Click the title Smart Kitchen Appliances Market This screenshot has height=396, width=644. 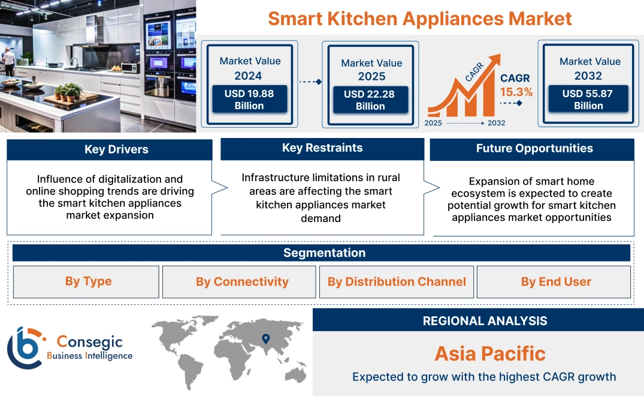coord(419,18)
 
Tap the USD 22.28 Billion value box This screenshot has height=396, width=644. coord(370,100)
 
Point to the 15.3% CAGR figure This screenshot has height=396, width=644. coord(516,92)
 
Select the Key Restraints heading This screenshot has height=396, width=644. coord(322,148)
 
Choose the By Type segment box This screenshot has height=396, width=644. coord(88,281)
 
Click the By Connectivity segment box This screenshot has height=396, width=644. coord(242,281)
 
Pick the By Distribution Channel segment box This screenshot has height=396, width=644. coord(397,281)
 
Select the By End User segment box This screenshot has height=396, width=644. coord(555,281)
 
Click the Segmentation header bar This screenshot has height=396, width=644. coord(324,253)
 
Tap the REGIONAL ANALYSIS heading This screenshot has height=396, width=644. coord(485,321)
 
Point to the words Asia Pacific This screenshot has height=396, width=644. coord(490,353)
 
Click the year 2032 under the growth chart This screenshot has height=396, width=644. coord(496,123)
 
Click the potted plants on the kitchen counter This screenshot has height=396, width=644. coord(68,92)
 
